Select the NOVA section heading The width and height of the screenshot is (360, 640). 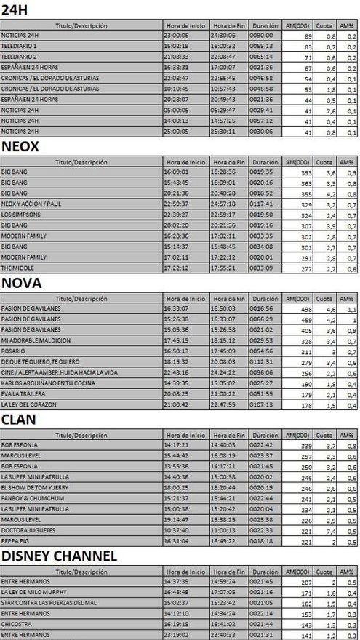[x=22, y=283]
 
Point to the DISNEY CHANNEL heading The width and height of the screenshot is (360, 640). [x=60, y=556]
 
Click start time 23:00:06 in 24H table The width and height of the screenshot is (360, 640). [x=177, y=35]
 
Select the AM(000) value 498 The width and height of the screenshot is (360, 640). [x=305, y=309]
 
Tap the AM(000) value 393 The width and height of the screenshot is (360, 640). [x=305, y=172]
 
